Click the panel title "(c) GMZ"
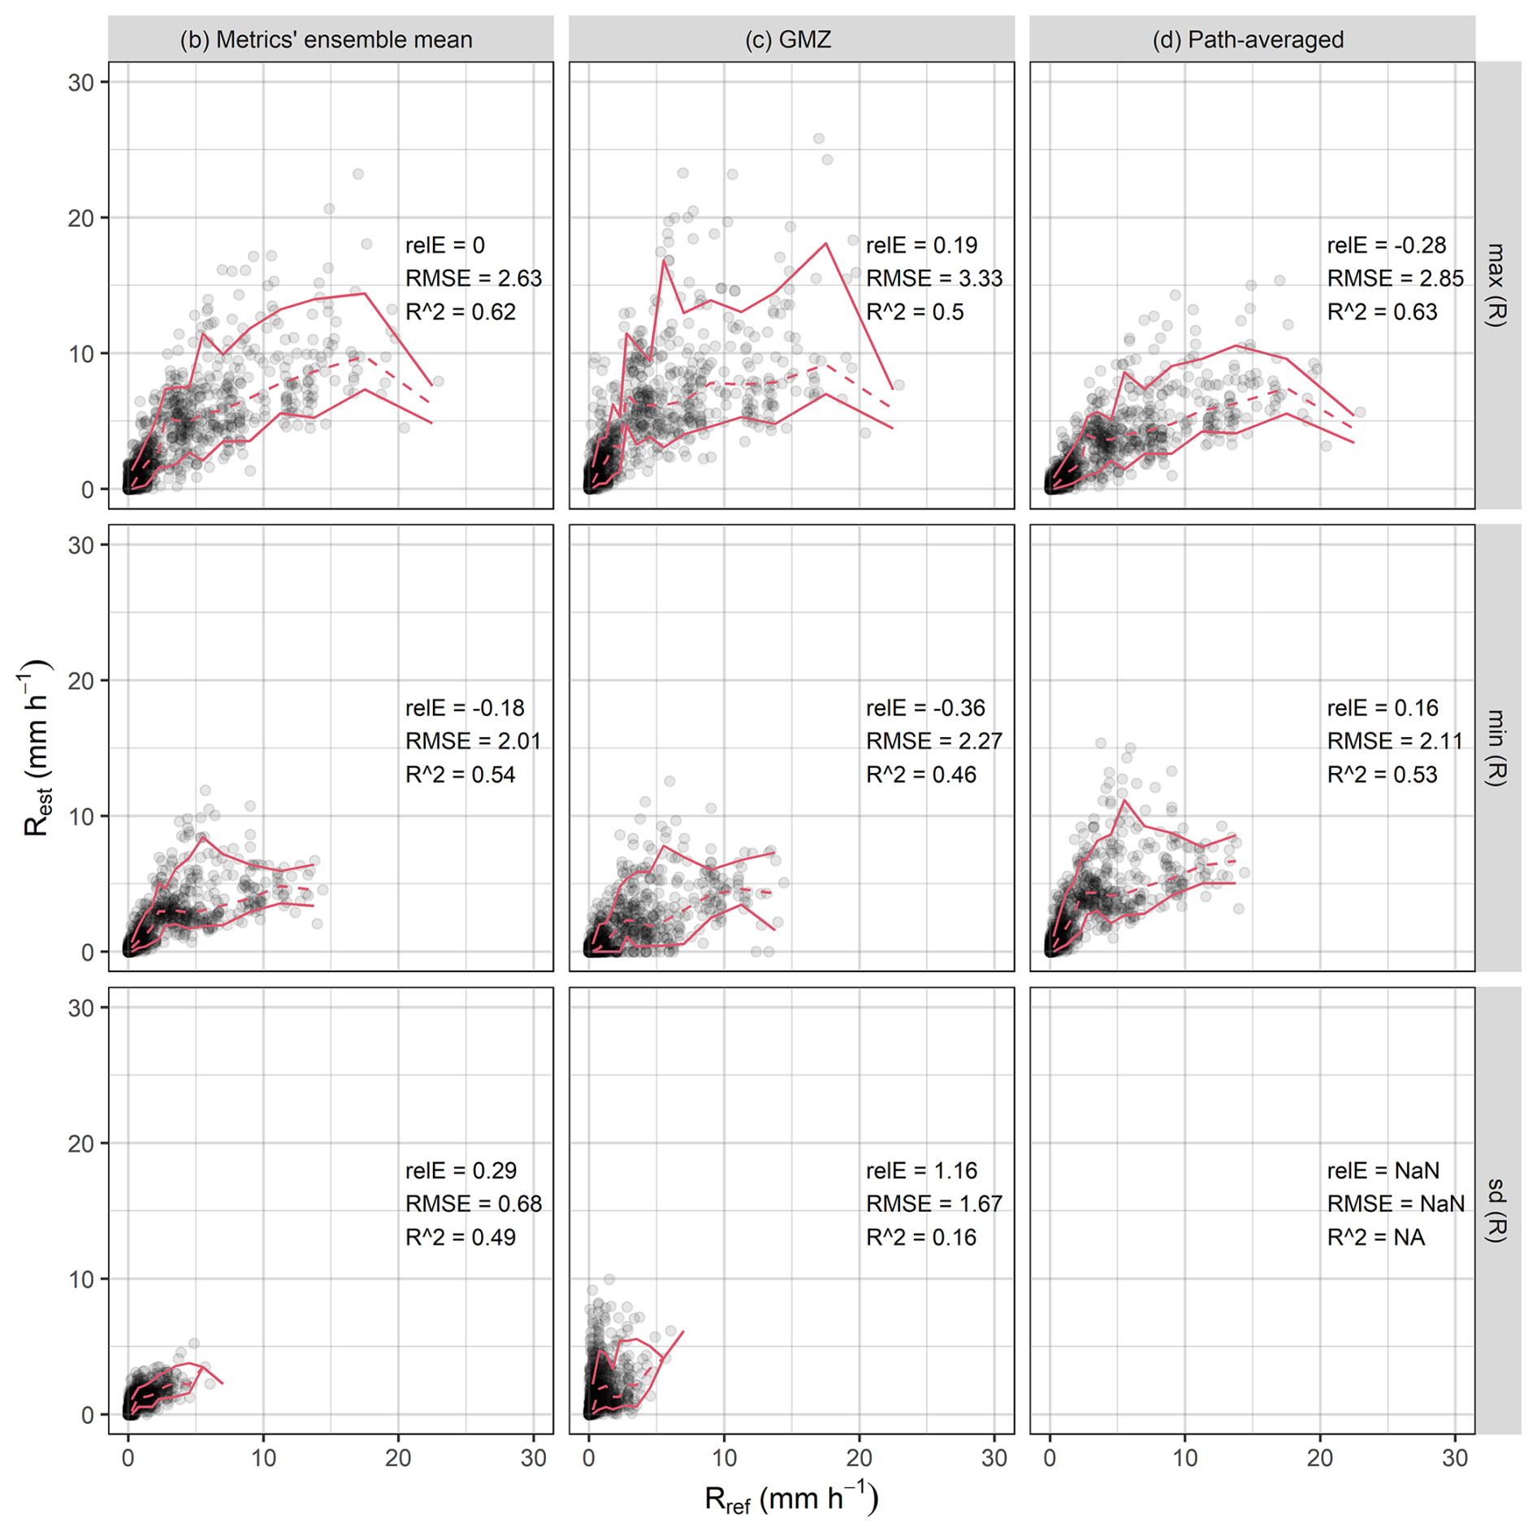(788, 40)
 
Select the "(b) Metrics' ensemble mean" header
(326, 40)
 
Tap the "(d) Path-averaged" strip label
(1248, 40)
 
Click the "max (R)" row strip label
(1496, 285)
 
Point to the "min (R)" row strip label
(1496, 748)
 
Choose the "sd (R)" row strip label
(1496, 1210)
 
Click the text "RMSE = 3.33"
(934, 279)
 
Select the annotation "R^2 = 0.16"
(921, 1237)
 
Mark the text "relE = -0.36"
(925, 708)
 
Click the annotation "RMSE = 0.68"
(474, 1204)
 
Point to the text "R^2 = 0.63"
(1382, 312)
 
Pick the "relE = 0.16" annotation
(1383, 708)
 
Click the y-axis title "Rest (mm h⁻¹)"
(37, 748)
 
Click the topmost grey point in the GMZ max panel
(819, 139)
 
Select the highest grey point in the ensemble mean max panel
(357, 174)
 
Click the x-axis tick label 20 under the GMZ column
(859, 1458)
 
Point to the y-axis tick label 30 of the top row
(81, 82)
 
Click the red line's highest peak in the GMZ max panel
(825, 243)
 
